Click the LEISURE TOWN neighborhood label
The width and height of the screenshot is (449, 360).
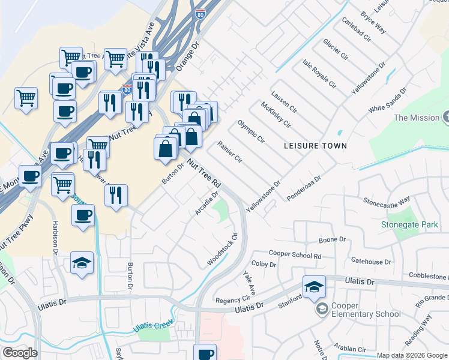(x=316, y=146)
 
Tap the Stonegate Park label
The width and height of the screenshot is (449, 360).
(x=409, y=225)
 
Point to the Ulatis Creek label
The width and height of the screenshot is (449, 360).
(x=154, y=327)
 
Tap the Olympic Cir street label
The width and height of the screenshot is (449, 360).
(x=251, y=131)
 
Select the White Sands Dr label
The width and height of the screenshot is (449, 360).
(x=387, y=100)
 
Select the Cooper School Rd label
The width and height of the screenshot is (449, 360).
(x=295, y=255)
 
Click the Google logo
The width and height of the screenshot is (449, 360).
(x=20, y=353)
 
